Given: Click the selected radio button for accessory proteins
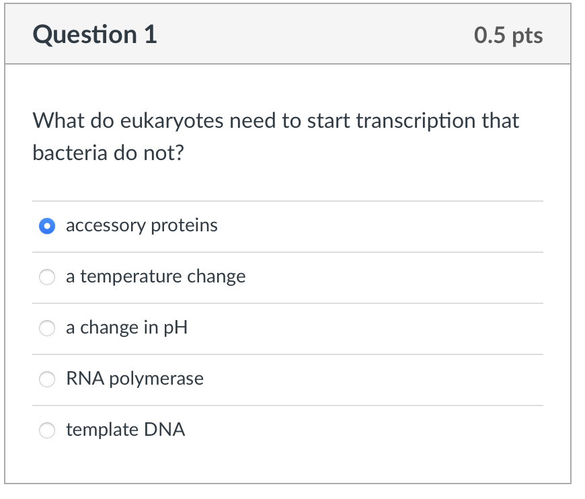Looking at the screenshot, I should click(x=46, y=226).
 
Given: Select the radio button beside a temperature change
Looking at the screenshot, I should click(x=46, y=277).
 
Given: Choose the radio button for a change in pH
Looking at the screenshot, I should click(x=46, y=328).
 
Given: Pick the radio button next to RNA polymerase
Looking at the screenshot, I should click(x=46, y=379).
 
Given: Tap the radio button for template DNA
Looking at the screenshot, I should click(x=46, y=430).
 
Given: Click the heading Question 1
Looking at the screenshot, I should click(x=95, y=35).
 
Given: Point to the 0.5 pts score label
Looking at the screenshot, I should click(x=508, y=35).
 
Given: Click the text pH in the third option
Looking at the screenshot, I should click(x=175, y=328).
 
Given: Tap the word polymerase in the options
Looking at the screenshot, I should click(x=156, y=379).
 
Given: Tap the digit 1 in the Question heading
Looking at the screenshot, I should click(x=150, y=35).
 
